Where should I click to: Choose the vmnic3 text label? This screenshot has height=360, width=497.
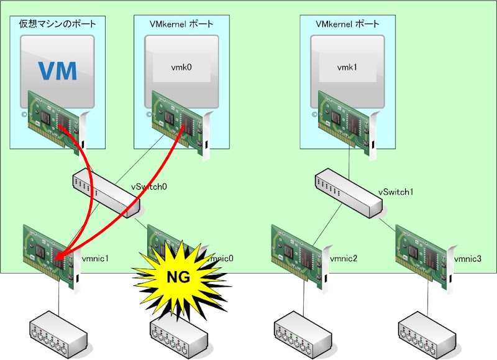click(x=468, y=257)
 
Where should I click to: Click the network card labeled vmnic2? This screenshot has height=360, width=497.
click(x=299, y=256)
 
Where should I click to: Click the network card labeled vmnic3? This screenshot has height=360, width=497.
click(x=424, y=256)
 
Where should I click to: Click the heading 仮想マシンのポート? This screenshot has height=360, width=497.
click(x=57, y=24)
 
